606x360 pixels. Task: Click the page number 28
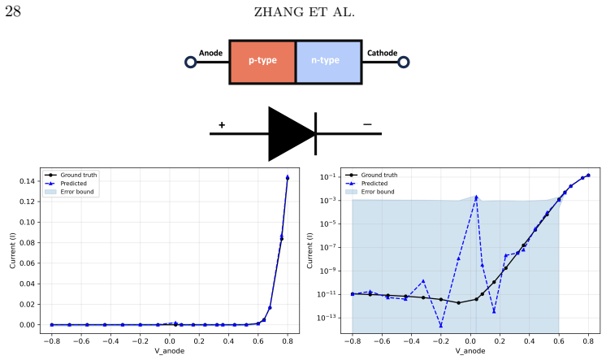coord(13,11)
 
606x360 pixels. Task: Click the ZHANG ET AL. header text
coord(304,12)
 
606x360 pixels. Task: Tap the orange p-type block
coord(262,62)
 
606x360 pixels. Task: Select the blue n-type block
coord(328,62)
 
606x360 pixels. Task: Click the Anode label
coord(210,53)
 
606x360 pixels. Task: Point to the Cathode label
coord(382,53)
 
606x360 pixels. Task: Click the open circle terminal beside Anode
coord(191,62)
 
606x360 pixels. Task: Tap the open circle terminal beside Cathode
coord(404,62)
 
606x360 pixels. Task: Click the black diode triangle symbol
coord(288,134)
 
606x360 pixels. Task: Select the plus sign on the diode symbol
coord(222,124)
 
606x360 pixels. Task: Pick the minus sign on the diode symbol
coord(367,124)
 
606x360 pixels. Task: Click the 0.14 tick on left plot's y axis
coord(27,181)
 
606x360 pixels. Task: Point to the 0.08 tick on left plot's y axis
coord(27,242)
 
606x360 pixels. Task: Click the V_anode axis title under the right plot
coord(470,351)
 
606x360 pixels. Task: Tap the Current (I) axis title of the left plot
coord(12,250)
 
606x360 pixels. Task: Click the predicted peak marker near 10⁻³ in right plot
coord(476,197)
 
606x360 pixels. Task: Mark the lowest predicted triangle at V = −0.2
coord(441,326)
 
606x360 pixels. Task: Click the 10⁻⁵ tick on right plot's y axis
coord(327,223)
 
